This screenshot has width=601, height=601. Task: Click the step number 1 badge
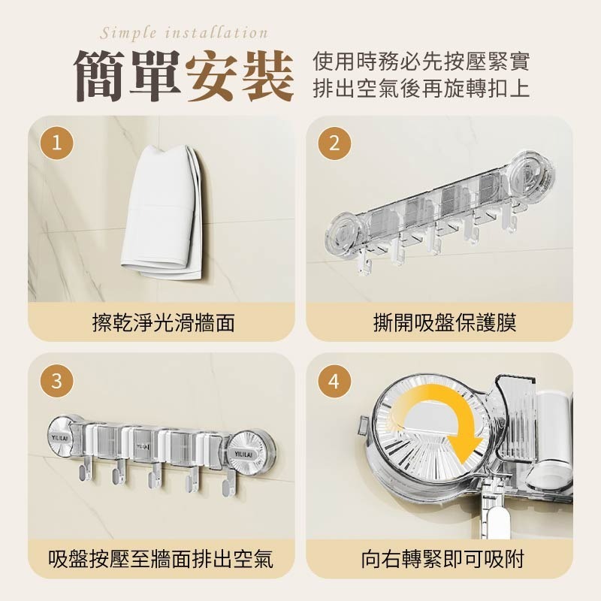coord(57,143)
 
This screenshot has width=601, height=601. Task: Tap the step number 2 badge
coord(334,143)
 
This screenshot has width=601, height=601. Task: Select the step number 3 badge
coord(57,381)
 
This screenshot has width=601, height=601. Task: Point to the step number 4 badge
coord(334,381)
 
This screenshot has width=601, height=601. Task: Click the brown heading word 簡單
coord(128,77)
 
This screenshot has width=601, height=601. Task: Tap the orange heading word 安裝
coord(240,77)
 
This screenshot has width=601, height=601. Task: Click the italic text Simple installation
coord(184,33)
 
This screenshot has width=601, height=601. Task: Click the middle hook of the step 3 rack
coord(155,476)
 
